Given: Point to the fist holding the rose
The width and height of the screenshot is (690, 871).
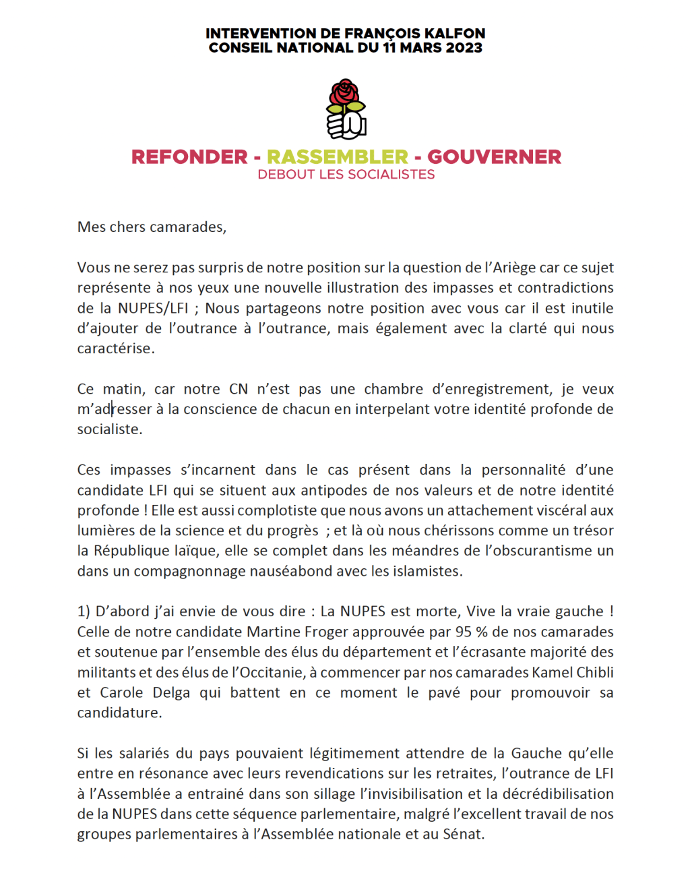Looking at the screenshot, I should [345, 125].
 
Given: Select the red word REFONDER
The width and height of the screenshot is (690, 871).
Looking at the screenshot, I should [189, 157].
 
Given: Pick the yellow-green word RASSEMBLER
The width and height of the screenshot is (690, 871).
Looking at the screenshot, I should [338, 157].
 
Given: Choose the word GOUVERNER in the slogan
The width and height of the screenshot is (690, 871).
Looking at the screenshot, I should [494, 157].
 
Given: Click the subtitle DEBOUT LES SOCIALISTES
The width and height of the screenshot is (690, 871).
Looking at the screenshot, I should [346, 175].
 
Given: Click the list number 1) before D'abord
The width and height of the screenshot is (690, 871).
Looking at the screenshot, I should [84, 611].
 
